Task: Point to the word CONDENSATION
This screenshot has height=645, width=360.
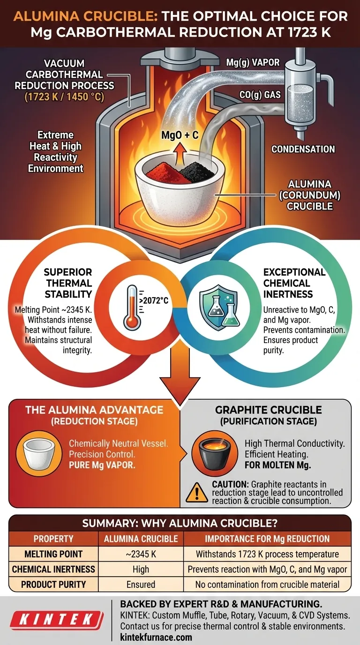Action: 303,150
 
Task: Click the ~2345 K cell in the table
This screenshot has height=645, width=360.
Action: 141,554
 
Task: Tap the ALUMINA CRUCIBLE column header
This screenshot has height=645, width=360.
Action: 141,539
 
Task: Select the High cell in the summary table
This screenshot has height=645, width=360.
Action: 141,570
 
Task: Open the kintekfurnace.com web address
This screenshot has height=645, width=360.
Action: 156,637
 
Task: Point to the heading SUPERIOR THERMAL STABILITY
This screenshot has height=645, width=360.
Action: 68,283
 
